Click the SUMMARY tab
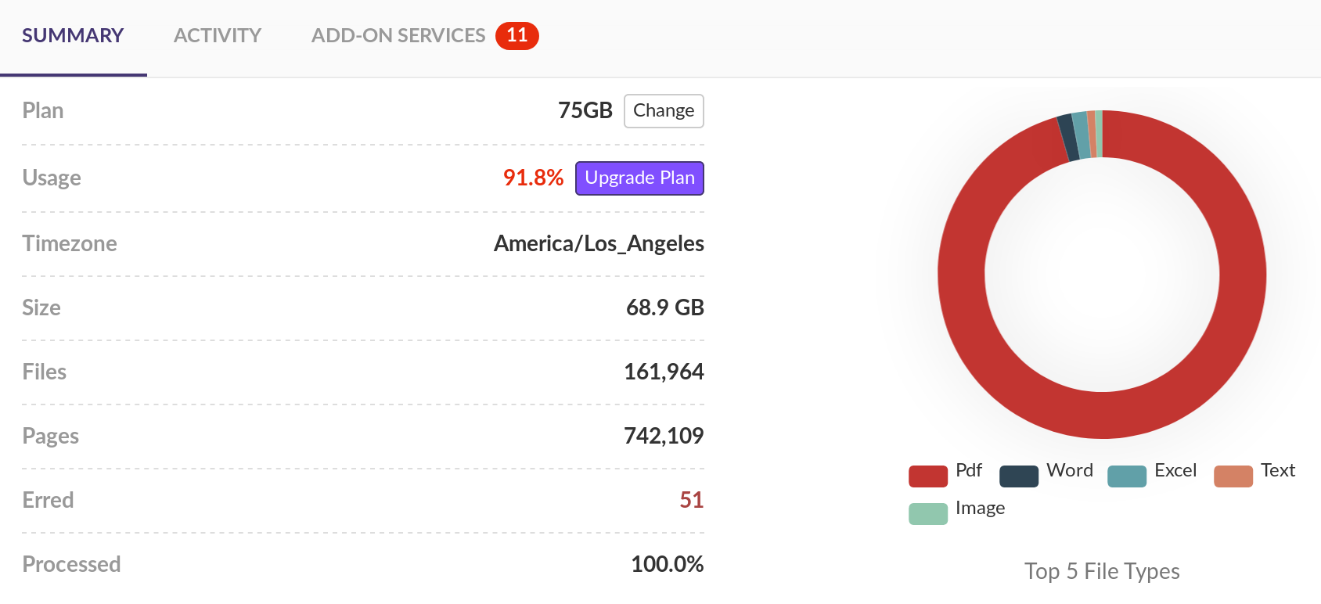tap(73, 36)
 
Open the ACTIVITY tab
tap(218, 36)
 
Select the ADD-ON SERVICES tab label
tap(398, 36)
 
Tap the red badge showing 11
tap(517, 36)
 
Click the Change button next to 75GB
tap(664, 111)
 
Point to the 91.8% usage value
tap(533, 178)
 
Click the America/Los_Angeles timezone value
tap(599, 244)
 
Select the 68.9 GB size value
tap(664, 308)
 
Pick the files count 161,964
tap(664, 372)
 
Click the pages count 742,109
tap(664, 437)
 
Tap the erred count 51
tap(691, 501)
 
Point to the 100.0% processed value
tap(667, 565)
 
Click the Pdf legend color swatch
tap(928, 476)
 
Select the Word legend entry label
tap(1069, 471)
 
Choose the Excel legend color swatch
tap(1127, 476)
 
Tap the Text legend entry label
tap(1278, 471)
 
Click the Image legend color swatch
tap(928, 513)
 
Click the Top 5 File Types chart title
tap(1102, 572)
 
